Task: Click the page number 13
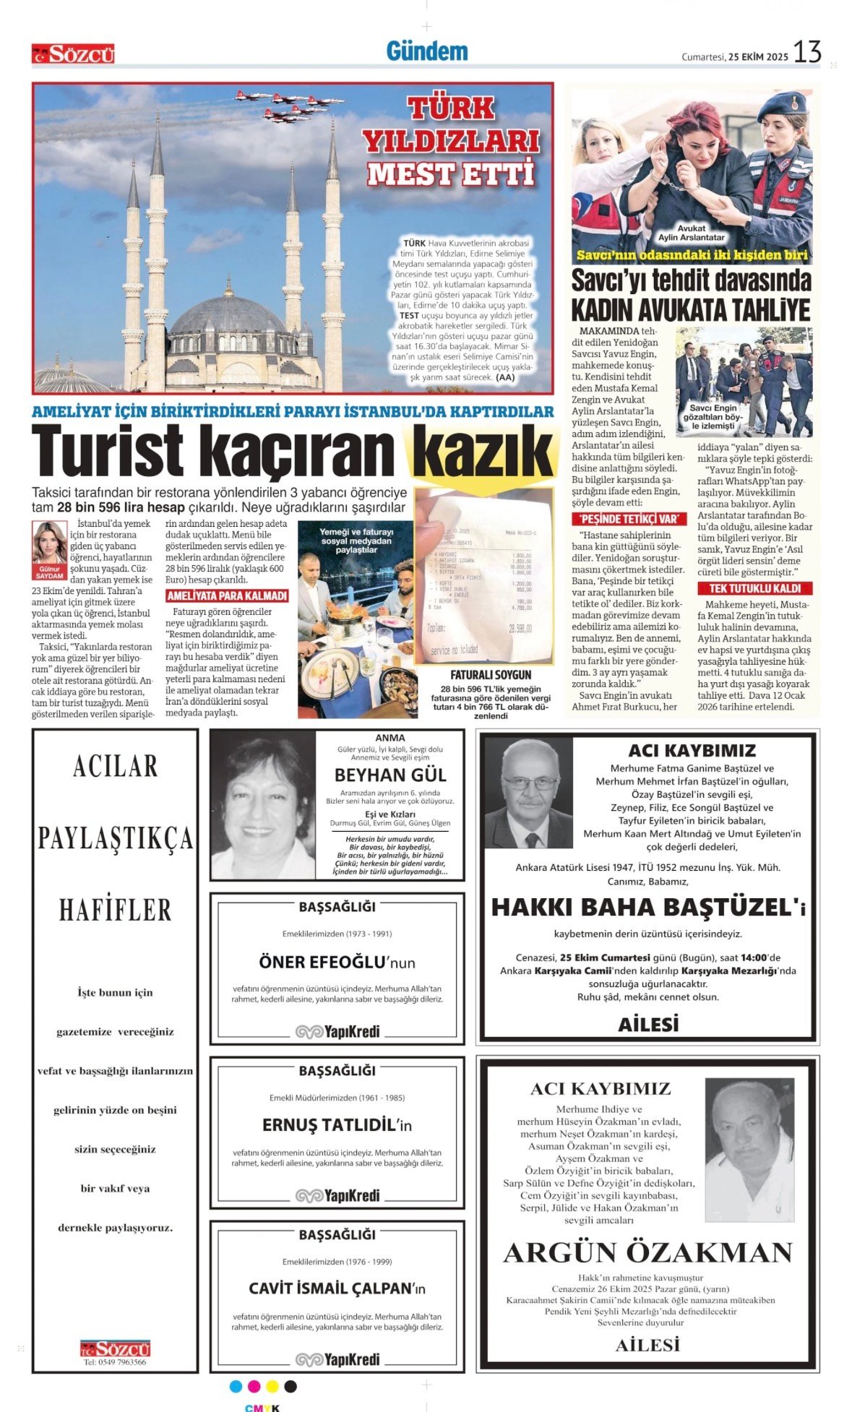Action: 807,52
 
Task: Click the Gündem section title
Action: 426,51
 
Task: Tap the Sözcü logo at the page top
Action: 73,54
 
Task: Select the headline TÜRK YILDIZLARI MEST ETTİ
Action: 452,141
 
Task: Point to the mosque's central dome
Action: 229,313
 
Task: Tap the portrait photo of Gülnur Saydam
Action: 49,543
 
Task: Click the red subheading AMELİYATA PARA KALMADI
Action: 227,596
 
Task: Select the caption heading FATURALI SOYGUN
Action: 481,675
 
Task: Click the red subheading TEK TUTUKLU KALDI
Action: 754,588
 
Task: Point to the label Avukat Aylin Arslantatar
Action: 691,233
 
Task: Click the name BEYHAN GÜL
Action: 390,775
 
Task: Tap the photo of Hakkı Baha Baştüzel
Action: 528,793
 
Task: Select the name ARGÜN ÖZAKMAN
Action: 647,1252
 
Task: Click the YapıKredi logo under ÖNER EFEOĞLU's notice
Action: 337,1031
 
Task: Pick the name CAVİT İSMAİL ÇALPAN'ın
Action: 337,1288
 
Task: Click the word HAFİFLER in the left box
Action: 115,910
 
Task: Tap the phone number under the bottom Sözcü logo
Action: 115,1362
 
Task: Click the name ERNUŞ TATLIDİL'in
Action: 337,1125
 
